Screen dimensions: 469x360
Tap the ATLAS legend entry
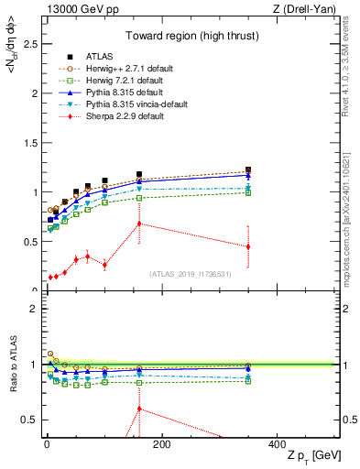pos(96,56)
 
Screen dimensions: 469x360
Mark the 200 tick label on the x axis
pos(161,445)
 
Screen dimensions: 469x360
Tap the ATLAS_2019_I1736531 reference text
pos(189,274)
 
